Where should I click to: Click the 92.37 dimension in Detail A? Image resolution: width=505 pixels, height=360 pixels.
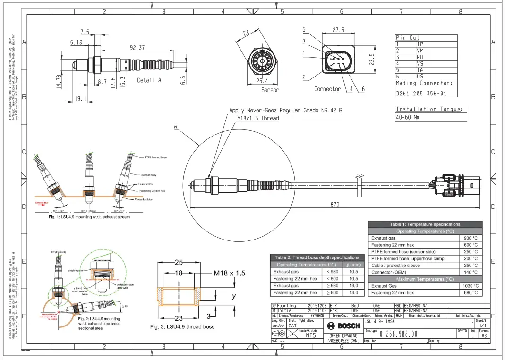click(137, 47)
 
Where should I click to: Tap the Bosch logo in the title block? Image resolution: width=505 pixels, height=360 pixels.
click(343, 326)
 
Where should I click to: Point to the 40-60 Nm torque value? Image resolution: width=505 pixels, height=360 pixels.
click(408, 117)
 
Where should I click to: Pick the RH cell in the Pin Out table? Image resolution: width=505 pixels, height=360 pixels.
click(420, 57)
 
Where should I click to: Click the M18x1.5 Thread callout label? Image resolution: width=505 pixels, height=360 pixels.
click(257, 118)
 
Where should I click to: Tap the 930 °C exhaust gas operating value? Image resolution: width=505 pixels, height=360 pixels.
click(471, 238)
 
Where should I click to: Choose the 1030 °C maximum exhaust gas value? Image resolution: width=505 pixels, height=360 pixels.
click(470, 286)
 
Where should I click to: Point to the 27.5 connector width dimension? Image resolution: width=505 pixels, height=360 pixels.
click(338, 30)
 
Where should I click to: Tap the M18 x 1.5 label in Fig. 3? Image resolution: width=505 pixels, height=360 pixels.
click(230, 273)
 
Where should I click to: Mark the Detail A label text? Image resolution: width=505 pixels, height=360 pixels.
click(149, 80)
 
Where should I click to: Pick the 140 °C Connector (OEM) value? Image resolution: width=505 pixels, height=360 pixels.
click(471, 272)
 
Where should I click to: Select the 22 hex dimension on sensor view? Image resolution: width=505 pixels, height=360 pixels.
click(246, 33)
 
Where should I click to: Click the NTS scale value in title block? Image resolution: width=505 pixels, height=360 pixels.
click(310, 335)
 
